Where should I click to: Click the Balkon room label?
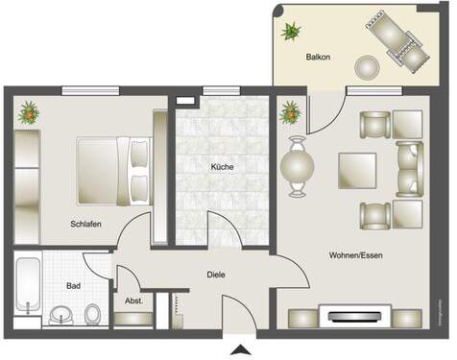[319, 58]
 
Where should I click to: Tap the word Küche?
[223, 166]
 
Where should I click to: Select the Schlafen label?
[85, 224]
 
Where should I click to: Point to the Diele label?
[216, 275]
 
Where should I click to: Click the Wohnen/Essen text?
[353, 255]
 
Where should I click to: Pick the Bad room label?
[73, 286]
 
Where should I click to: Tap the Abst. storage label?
[132, 300]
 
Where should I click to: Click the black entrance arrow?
[239, 348]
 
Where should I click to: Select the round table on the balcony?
[368, 67]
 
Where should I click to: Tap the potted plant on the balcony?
[289, 30]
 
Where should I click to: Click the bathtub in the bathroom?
[27, 286]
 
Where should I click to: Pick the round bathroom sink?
[62, 314]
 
